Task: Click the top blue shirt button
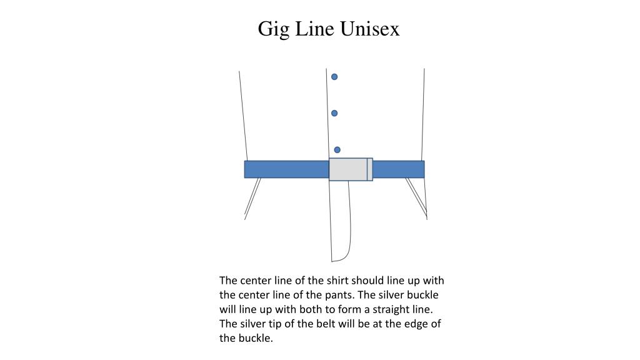tap(334, 77)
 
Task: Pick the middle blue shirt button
tap(334, 113)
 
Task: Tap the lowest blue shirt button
tap(337, 150)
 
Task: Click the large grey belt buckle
tap(347, 169)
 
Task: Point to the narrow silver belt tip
tap(370, 169)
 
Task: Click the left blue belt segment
tap(286, 169)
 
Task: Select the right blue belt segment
tap(398, 169)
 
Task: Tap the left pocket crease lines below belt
tap(252, 198)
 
